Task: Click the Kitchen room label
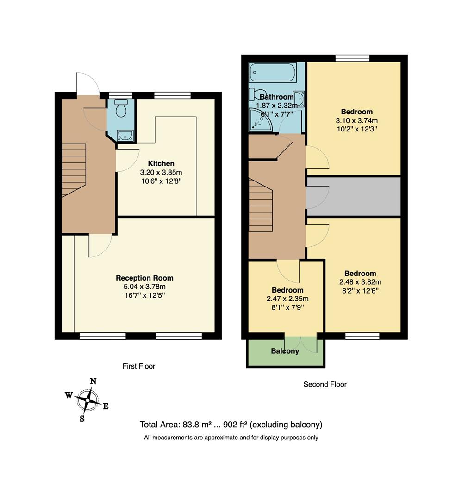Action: pos(161,163)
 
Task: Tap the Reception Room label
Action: pos(144,278)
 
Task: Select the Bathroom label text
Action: pos(276,97)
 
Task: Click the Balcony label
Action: pos(285,351)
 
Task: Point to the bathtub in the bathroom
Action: pos(273,73)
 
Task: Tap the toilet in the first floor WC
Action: pos(121,108)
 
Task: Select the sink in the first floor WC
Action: pos(125,135)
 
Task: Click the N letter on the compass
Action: pos(93,381)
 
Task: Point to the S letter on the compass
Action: pos(82,419)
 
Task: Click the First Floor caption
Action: pos(138,366)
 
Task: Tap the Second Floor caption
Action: pos(325,384)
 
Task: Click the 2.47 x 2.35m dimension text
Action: pos(287,299)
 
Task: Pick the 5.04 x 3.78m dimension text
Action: pos(144,287)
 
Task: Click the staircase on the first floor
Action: pos(74,169)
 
